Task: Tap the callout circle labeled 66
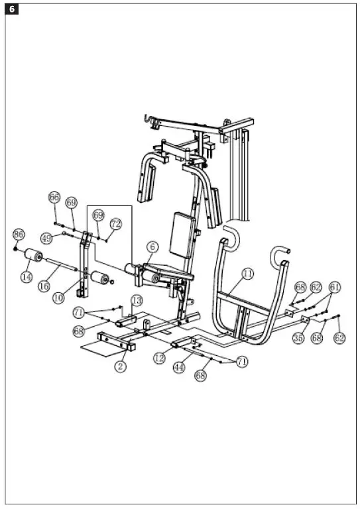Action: coord(54,198)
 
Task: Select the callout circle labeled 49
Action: coord(46,237)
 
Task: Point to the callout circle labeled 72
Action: coord(116,224)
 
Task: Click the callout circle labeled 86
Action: coord(19,235)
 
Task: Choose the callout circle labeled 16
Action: coord(44,286)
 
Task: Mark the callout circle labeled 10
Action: coord(59,298)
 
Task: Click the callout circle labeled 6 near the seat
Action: coord(152,247)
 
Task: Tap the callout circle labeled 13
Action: coord(136,301)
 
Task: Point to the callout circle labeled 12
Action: coord(159,358)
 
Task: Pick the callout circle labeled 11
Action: coord(247,273)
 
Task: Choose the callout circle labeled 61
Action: coord(335,287)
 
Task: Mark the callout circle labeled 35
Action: coord(298,338)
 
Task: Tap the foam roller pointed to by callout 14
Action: coord(32,256)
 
